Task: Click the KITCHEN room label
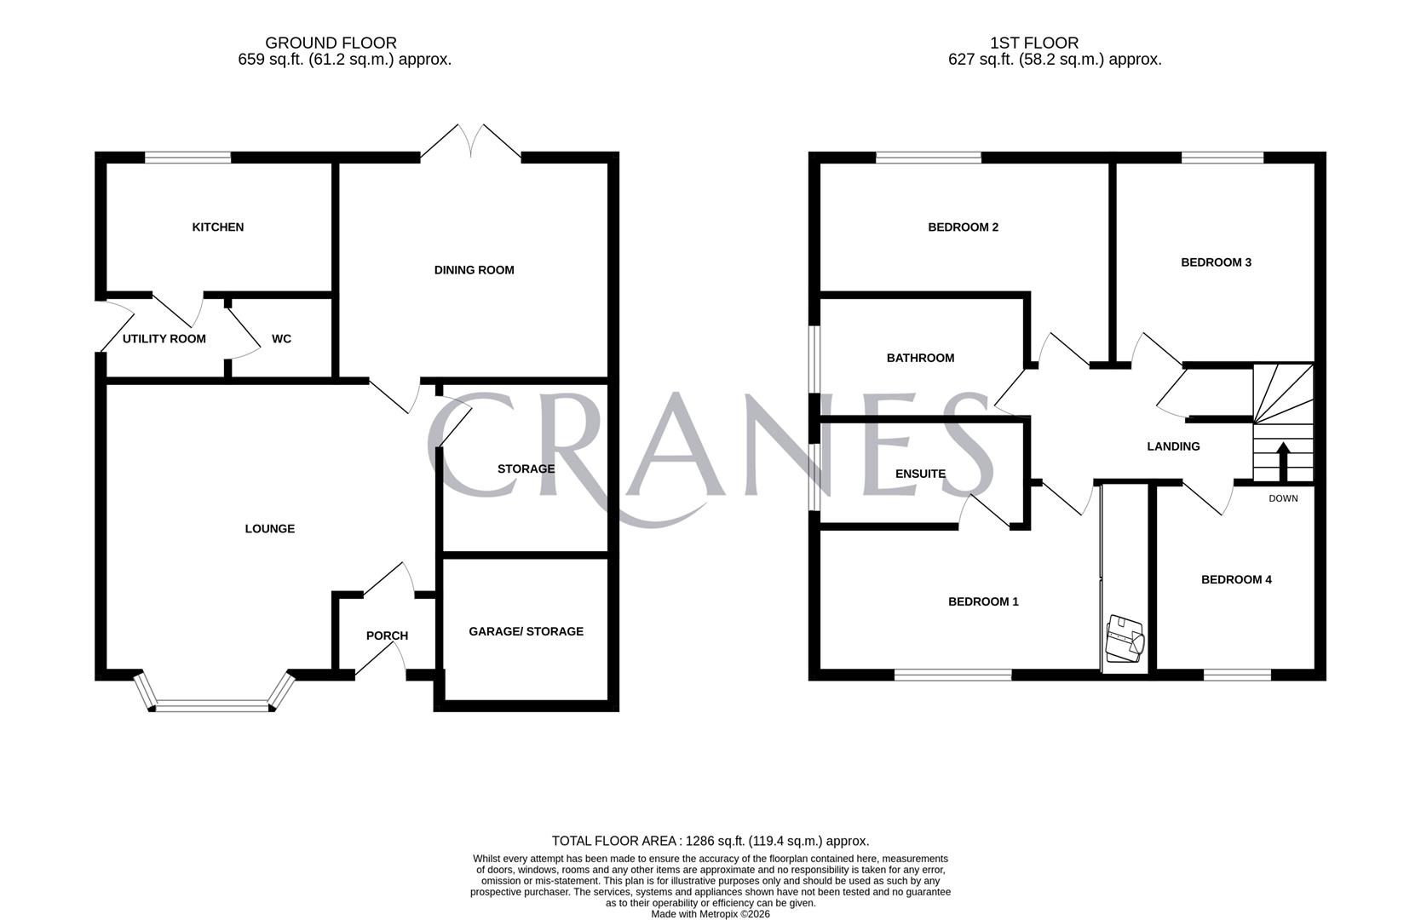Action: (x=217, y=227)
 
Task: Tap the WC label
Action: (x=282, y=339)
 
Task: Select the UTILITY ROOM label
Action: (x=164, y=339)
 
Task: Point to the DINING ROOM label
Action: (x=474, y=270)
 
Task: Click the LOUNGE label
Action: (x=269, y=528)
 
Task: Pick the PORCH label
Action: (x=387, y=635)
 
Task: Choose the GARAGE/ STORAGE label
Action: (x=526, y=631)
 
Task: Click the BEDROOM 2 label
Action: (x=963, y=227)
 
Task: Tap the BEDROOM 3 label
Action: (x=1216, y=262)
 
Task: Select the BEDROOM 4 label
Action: (x=1236, y=579)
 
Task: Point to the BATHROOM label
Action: (x=920, y=358)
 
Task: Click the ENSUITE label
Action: (x=920, y=474)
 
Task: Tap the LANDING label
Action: (x=1174, y=446)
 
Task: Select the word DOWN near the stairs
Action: (x=1283, y=498)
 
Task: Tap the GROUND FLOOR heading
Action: (x=331, y=43)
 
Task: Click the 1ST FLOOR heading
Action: (x=1035, y=43)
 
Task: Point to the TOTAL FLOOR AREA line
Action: (x=710, y=842)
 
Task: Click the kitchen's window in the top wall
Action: (x=187, y=158)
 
